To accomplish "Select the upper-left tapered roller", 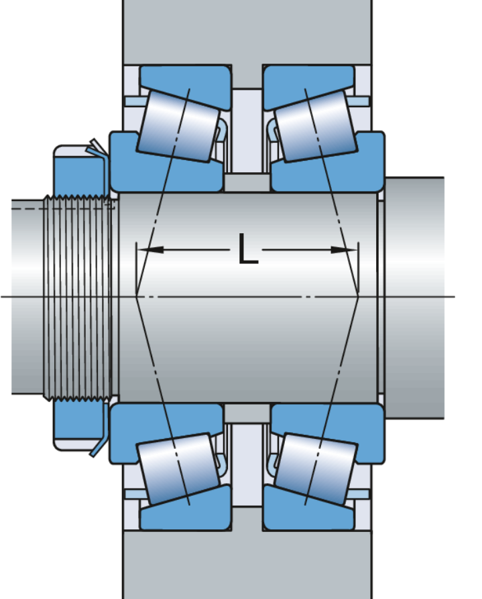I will (179, 124).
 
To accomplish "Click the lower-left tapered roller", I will (179, 468).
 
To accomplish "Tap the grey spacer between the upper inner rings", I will (247, 183).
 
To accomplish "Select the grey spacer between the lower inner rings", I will (247, 413).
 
